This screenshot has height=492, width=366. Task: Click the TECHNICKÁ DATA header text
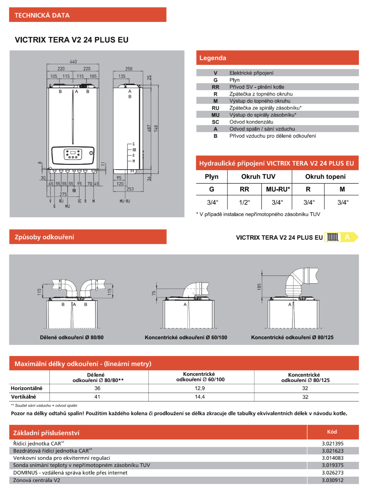[42, 15]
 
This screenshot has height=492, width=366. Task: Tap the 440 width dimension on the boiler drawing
[73, 61]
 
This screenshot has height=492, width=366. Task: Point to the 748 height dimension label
[156, 128]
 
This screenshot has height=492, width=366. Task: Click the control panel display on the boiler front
[73, 154]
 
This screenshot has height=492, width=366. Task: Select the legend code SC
[215, 122]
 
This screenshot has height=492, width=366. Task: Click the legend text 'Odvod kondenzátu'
[251, 122]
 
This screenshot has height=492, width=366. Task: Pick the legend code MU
[215, 115]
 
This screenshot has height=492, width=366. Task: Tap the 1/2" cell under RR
[244, 202]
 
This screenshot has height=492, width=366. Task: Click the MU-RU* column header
[278, 189]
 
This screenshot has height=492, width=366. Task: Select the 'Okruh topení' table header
[325, 177]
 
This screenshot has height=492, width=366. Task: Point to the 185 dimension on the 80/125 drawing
[259, 287]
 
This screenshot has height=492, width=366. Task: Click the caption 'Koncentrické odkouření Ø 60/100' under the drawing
[186, 338]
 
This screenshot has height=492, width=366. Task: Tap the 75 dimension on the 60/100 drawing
[154, 293]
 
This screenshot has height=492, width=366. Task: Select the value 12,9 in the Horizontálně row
[200, 388]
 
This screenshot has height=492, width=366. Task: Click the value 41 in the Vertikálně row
[97, 397]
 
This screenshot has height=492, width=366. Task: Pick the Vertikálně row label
[24, 397]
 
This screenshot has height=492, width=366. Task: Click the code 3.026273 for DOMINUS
[332, 473]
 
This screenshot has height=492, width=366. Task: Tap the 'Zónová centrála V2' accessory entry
[37, 480]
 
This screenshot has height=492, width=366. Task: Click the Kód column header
[332, 432]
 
